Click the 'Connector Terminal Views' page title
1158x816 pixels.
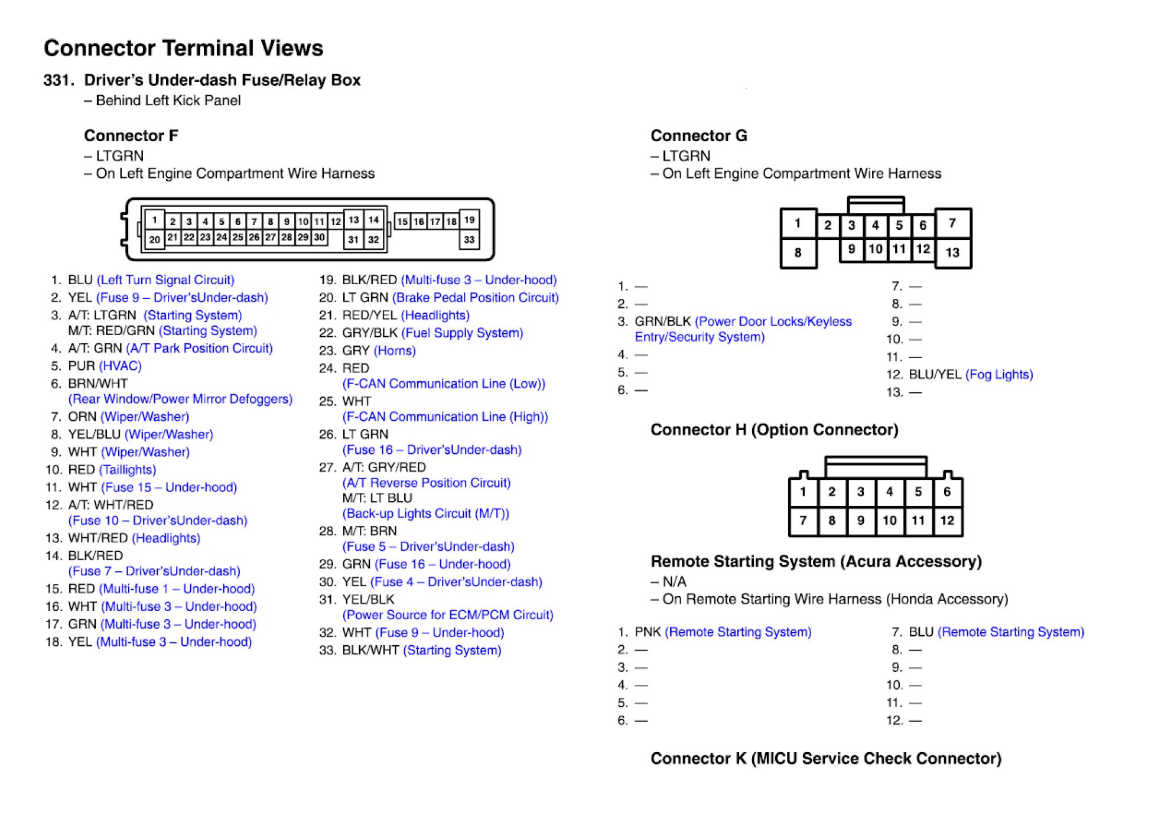[183, 48]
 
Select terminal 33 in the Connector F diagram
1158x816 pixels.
[469, 239]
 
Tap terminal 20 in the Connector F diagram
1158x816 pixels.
[154, 239]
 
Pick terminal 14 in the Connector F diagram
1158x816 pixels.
[373, 220]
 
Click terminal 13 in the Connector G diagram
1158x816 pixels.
[952, 252]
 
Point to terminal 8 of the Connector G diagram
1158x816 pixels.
[798, 252]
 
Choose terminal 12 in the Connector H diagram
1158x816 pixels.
[947, 520]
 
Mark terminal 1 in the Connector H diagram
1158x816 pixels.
[803, 492]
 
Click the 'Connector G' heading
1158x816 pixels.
[698, 136]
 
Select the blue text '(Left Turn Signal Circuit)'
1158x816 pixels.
[165, 280]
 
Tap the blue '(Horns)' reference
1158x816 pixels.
[395, 351]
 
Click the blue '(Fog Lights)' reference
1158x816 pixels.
[999, 375]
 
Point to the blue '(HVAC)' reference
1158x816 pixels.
[121, 366]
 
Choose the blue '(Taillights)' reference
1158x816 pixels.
[128, 470]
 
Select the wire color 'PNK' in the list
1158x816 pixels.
[648, 632]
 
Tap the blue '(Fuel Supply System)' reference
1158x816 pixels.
[462, 333]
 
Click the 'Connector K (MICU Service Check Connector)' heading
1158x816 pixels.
[825, 759]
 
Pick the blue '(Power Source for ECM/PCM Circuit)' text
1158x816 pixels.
[448, 615]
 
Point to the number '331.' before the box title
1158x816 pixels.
[59, 80]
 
